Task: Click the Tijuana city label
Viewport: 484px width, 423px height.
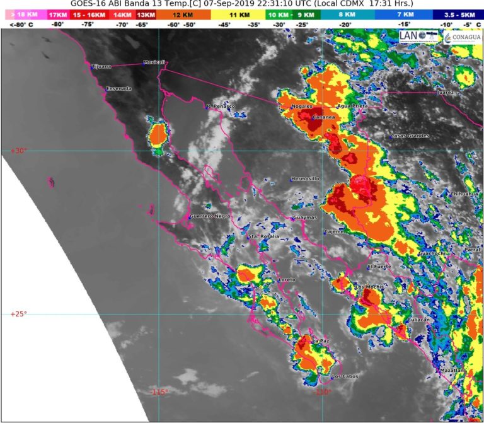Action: pyautogui.click(x=101, y=66)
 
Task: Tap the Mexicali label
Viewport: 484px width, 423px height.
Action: pyautogui.click(x=154, y=62)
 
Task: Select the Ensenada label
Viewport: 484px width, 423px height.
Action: pyautogui.click(x=119, y=88)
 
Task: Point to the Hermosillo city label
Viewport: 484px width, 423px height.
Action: pyautogui.click(x=306, y=179)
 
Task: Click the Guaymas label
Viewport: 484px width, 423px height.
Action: pyautogui.click(x=304, y=218)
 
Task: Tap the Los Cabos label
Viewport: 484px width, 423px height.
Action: pyautogui.click(x=345, y=377)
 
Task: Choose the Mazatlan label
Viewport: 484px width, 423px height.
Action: pyautogui.click(x=451, y=370)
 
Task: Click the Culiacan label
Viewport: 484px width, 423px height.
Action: pyautogui.click(x=419, y=320)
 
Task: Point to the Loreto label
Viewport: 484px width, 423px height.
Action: pyautogui.click(x=287, y=279)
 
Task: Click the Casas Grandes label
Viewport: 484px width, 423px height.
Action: pyautogui.click(x=410, y=136)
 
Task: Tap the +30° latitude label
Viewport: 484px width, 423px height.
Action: pyautogui.click(x=18, y=151)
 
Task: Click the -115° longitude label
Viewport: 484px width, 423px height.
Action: pyautogui.click(x=159, y=392)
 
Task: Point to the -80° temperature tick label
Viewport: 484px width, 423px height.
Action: pyautogui.click(x=57, y=24)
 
